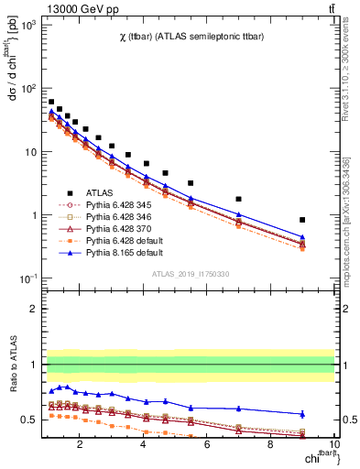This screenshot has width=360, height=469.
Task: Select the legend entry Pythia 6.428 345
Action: (107, 205)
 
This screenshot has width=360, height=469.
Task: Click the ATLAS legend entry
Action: (88, 191)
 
